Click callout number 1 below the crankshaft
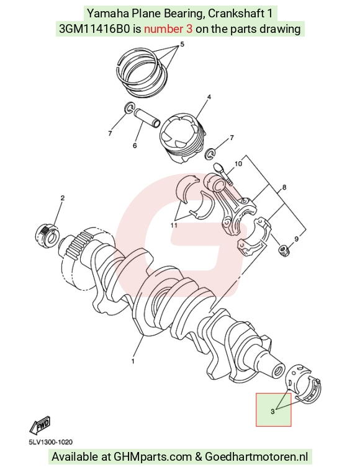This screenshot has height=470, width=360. click(x=133, y=361)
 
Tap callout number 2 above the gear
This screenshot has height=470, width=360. click(x=63, y=198)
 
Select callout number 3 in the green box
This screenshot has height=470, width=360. click(x=272, y=412)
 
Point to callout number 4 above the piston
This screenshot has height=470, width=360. click(x=209, y=97)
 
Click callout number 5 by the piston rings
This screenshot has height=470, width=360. click(x=182, y=45)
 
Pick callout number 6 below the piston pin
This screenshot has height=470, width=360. click(x=135, y=146)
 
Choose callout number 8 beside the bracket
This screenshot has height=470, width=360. click(x=284, y=187)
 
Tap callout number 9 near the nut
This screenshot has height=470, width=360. click(x=297, y=239)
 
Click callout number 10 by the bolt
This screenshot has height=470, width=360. click(x=238, y=164)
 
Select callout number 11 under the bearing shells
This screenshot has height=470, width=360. click(x=174, y=225)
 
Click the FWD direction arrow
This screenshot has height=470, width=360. click(x=40, y=425)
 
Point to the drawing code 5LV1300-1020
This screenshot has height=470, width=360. click(x=51, y=442)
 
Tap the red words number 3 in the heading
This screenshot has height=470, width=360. click(x=168, y=29)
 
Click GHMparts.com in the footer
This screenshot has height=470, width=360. click(x=153, y=457)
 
